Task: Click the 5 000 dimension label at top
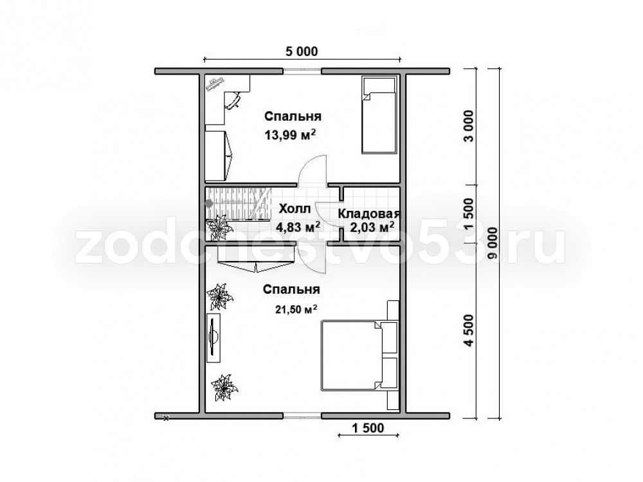coord(302,51)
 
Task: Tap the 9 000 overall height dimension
coord(494,243)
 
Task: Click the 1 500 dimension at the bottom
coord(368,428)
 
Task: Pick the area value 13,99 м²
coord(291,134)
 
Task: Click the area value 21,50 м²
coord(296,310)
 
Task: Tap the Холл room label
coord(294,209)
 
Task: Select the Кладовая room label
coord(368,213)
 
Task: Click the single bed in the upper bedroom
coord(379,115)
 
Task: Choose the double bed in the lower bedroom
coord(359,355)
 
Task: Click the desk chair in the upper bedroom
coord(233,100)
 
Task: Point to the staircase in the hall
coord(239,204)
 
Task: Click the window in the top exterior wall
coord(302,71)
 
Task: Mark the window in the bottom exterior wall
coord(302,415)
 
